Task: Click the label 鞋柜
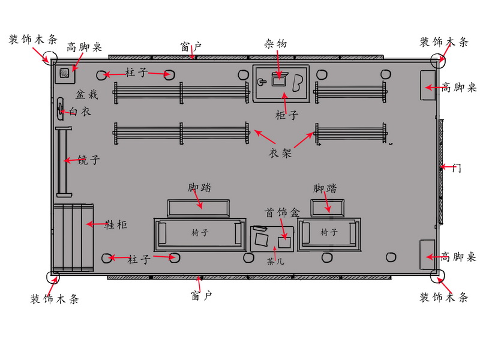click(116, 225)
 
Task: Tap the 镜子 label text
click(88, 160)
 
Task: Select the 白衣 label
click(80, 112)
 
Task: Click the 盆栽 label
click(86, 95)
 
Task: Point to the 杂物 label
click(275, 44)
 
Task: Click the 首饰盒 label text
click(282, 212)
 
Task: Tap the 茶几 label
click(275, 262)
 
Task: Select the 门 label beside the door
click(457, 168)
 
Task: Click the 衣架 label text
click(280, 153)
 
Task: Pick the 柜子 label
click(287, 115)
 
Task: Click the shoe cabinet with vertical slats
click(73, 238)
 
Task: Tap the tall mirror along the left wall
click(64, 161)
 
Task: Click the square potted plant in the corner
click(65, 73)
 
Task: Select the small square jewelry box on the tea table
click(284, 242)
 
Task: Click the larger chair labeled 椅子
click(200, 235)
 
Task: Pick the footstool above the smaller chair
click(328, 208)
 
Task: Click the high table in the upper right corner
click(428, 85)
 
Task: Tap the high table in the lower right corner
click(427, 254)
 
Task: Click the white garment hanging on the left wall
click(60, 109)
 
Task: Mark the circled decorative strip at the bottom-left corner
click(53, 277)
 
